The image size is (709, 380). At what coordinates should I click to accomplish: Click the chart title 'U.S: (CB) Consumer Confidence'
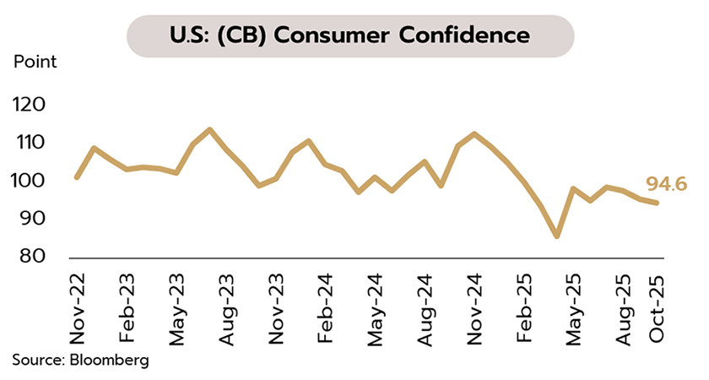350,35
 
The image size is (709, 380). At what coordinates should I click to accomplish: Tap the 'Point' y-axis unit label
35,62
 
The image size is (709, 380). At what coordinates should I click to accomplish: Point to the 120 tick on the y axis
35,105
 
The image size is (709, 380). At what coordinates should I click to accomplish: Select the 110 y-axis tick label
35,143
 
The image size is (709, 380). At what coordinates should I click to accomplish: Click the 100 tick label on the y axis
35,181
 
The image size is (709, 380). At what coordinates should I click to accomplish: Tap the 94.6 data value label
665,183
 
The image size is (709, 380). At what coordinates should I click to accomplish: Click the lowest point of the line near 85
556,236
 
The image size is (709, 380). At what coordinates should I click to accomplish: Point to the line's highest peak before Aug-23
209,129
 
